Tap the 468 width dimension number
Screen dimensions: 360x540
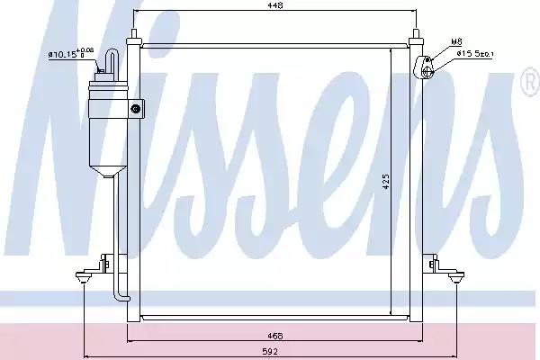click(x=275, y=335)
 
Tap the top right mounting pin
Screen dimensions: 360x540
click(x=418, y=37)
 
